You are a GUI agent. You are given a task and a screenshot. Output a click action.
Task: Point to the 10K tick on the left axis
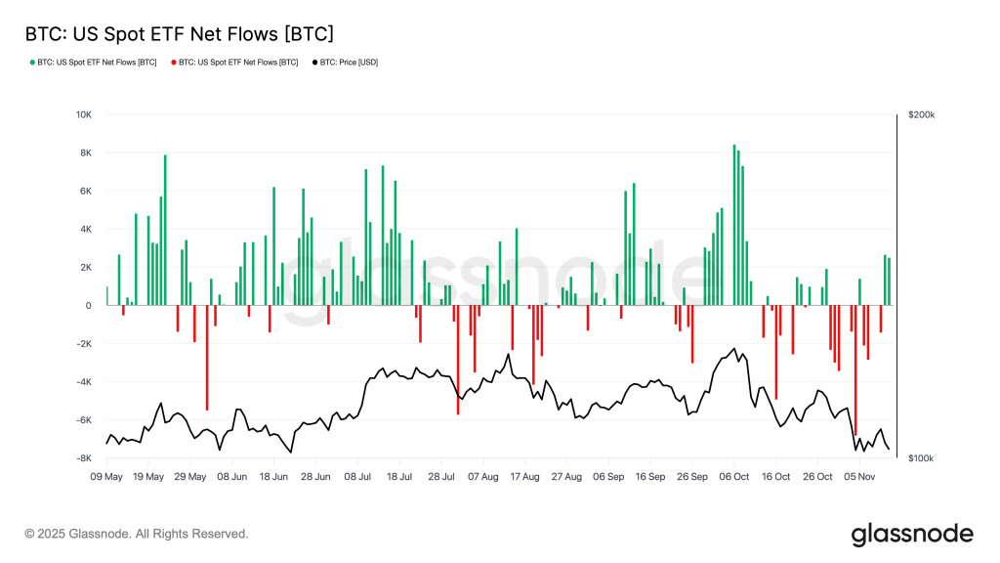click(x=84, y=114)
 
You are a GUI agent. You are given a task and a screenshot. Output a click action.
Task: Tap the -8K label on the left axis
click(x=84, y=458)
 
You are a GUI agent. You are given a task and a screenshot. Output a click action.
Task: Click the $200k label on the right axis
click(x=921, y=114)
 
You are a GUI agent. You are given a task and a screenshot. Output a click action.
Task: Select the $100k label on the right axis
click(x=921, y=458)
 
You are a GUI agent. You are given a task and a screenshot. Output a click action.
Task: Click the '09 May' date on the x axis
click(x=106, y=477)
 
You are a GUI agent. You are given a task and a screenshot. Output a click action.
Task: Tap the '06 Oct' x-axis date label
click(x=733, y=477)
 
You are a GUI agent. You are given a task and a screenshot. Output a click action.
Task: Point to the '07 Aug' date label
click(x=482, y=477)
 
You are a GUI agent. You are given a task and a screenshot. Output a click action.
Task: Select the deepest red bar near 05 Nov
click(x=855, y=370)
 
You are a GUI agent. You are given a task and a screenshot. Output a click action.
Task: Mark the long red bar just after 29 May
click(x=207, y=357)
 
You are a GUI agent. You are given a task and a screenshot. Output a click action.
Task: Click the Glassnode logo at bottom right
click(x=912, y=534)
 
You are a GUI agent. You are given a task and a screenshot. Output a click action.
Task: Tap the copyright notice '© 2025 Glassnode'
click(x=137, y=534)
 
